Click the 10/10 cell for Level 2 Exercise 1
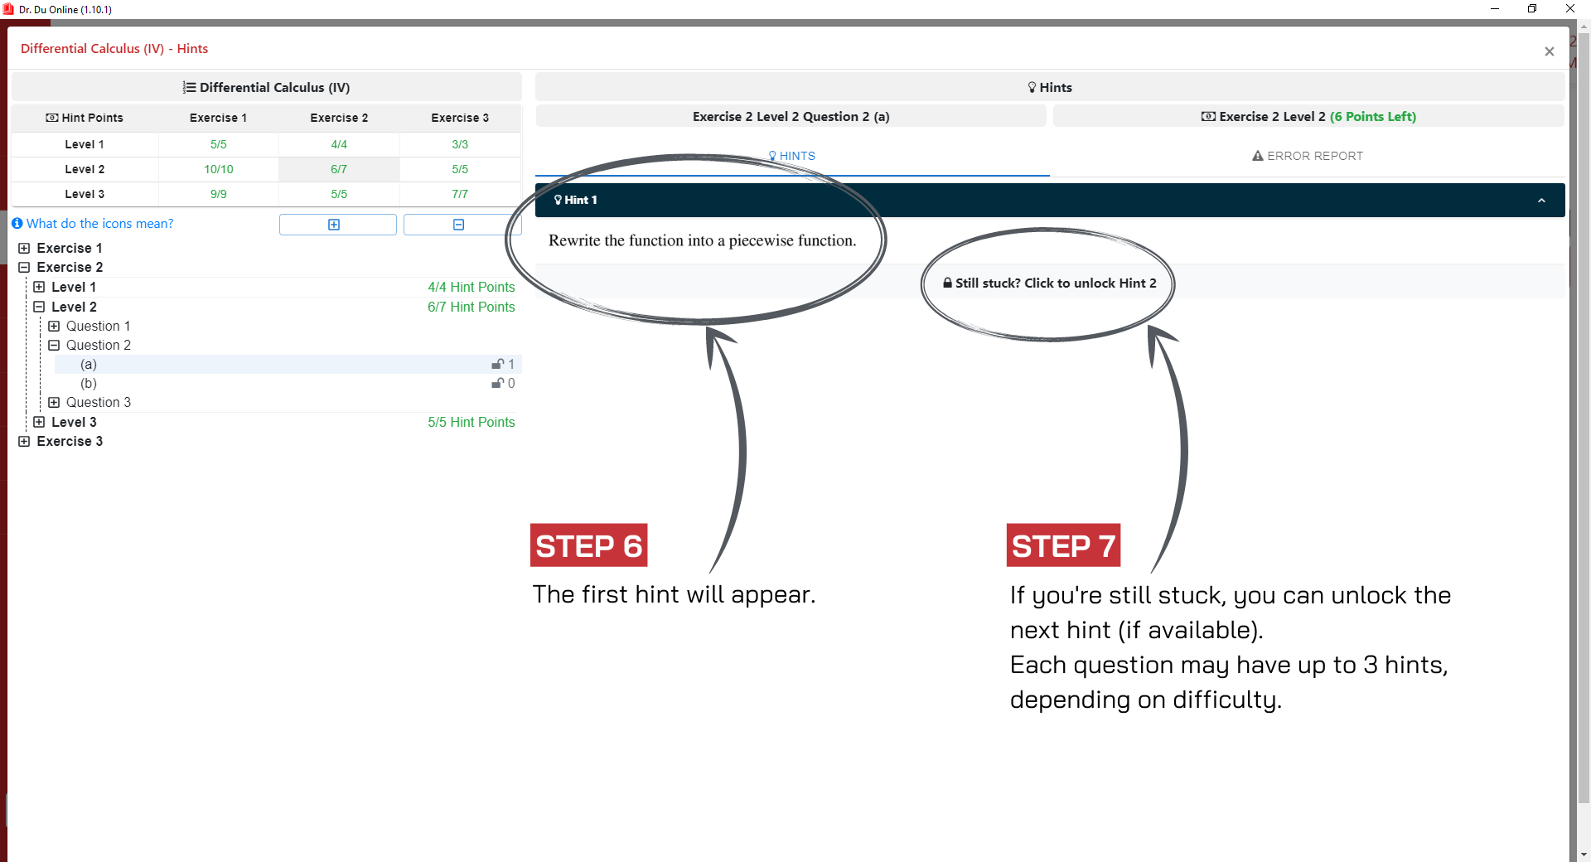[x=219, y=169]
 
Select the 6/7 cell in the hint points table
[x=339, y=169]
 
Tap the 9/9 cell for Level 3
[x=219, y=194]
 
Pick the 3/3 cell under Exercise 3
[x=460, y=144]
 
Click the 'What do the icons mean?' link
[x=99, y=224]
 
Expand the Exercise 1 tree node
[x=24, y=248]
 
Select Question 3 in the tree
[x=99, y=403]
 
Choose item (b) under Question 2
[x=89, y=384]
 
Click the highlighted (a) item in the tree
[x=89, y=365]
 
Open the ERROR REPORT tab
[x=1308, y=156]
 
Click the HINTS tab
[x=791, y=156]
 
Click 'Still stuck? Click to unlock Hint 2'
[x=1049, y=283]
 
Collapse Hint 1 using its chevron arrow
[x=1541, y=201]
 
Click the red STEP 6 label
[x=588, y=545]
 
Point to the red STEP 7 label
[x=1063, y=545]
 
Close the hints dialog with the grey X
[x=1550, y=51]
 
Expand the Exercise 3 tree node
[x=24, y=442]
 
